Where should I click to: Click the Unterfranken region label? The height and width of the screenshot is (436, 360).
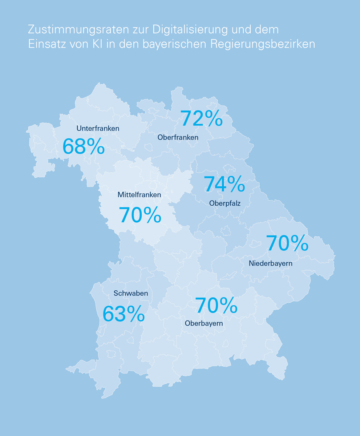(98, 128)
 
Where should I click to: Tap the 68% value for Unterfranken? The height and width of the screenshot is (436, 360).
(84, 146)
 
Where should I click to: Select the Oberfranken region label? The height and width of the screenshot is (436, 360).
(178, 137)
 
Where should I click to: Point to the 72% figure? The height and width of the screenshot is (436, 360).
(202, 118)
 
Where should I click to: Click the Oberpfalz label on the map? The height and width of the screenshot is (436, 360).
(225, 203)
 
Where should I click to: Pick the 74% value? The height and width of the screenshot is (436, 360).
(224, 184)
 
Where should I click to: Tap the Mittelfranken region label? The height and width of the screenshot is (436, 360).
(139, 195)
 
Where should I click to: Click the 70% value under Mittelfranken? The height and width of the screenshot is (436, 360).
(140, 215)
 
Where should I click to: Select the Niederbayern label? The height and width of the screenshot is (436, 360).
(270, 263)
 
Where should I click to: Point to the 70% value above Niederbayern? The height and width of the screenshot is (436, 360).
(287, 243)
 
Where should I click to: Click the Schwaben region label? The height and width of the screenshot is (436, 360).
(131, 293)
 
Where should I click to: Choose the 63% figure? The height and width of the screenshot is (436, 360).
(124, 314)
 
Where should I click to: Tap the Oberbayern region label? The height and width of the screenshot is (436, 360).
(204, 323)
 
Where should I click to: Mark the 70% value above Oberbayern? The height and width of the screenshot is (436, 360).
(216, 305)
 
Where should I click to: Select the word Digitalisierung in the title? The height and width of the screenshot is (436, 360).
(190, 30)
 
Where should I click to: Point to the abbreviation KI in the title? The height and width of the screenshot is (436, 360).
(97, 44)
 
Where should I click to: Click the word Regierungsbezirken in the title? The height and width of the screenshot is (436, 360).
(263, 44)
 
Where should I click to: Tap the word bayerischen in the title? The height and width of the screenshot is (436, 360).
(174, 44)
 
